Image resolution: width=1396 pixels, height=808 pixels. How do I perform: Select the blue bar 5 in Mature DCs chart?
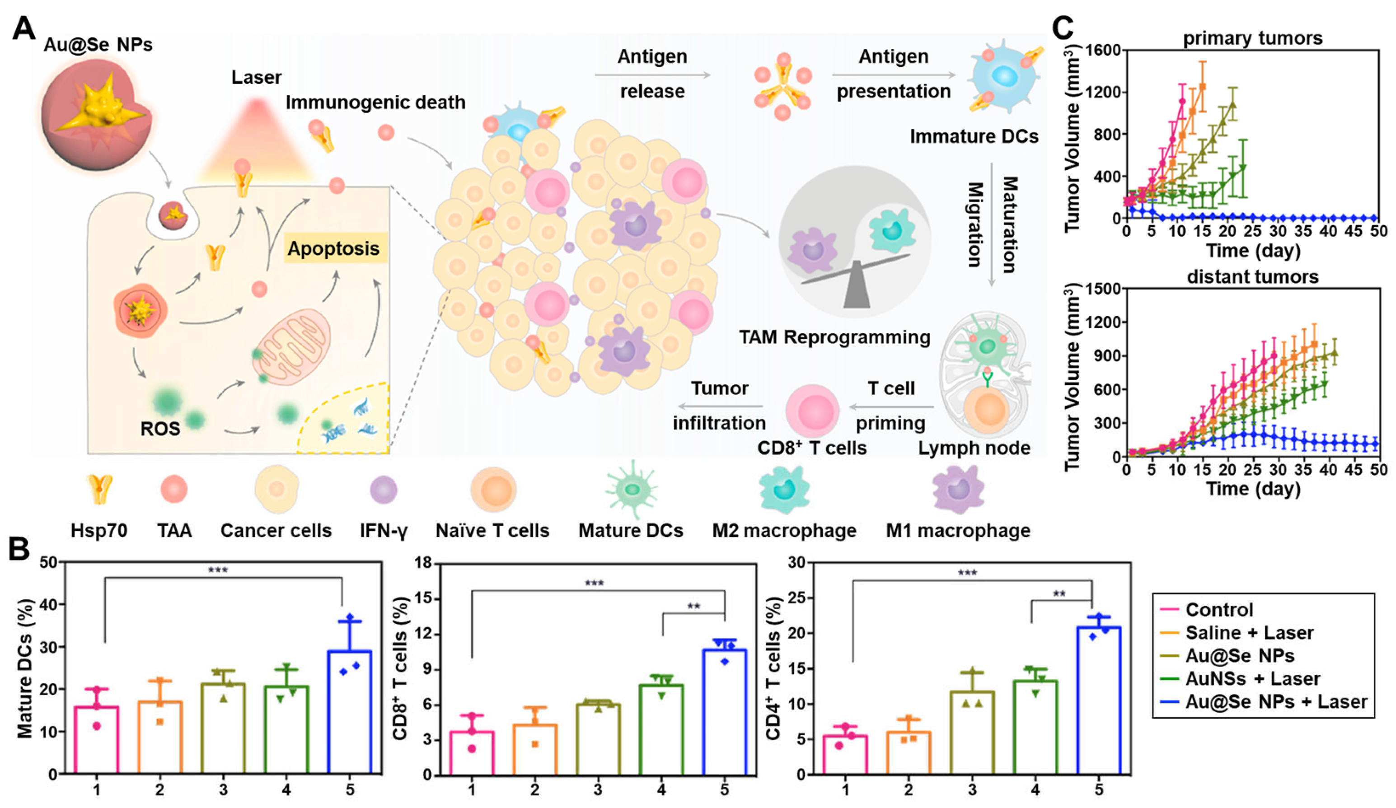[x=350, y=712]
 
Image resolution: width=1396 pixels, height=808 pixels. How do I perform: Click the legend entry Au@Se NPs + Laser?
[x=1276, y=702]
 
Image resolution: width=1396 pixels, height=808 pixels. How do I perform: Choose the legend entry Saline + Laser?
[x=1249, y=632]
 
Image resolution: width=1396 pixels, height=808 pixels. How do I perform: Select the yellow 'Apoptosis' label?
[x=333, y=249]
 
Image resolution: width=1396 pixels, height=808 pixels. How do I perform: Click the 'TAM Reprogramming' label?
[x=834, y=337]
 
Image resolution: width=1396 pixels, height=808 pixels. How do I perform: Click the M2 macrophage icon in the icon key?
[x=784, y=490]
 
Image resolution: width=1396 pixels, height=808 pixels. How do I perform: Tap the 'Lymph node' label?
[x=974, y=448]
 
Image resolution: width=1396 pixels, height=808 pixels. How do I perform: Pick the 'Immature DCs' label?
[x=974, y=136]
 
